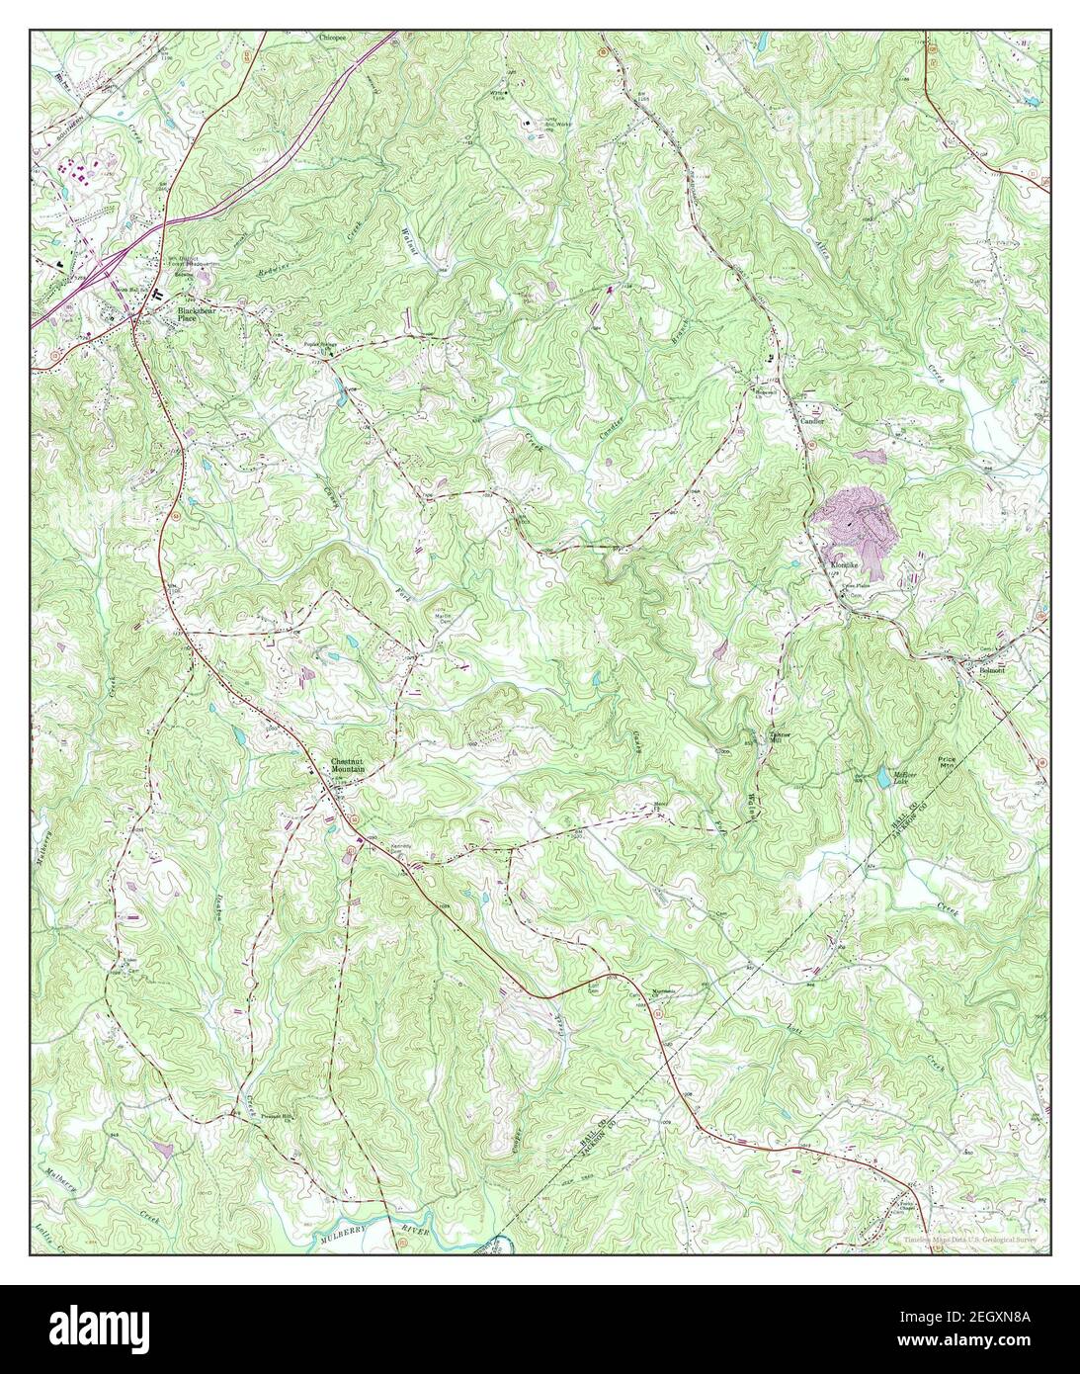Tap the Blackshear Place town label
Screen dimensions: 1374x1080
(196, 313)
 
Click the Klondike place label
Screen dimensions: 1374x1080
(844, 565)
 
